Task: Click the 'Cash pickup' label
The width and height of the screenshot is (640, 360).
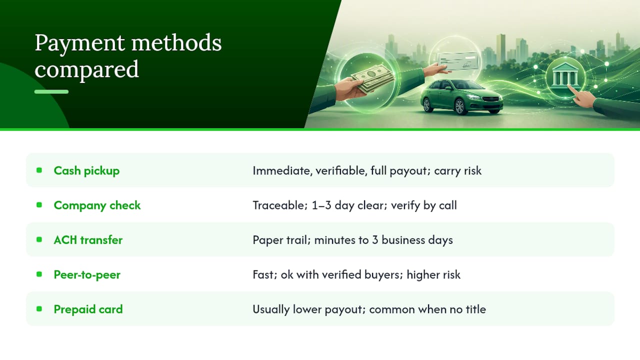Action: [x=86, y=171]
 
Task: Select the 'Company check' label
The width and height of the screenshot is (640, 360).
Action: [x=97, y=205]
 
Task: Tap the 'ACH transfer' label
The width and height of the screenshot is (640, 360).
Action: [x=88, y=240]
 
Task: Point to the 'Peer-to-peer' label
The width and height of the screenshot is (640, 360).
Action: [x=87, y=275]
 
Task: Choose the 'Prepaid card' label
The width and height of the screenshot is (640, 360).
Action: [x=88, y=309]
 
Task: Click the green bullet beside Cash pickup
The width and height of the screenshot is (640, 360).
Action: [x=39, y=170]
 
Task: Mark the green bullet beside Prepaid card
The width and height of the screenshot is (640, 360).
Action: [x=39, y=309]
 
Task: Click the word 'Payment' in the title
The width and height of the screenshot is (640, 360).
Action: [x=80, y=43]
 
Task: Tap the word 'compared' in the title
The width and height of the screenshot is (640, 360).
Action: [x=87, y=69]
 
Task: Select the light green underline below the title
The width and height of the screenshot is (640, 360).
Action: [x=51, y=91]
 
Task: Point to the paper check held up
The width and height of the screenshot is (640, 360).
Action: [x=457, y=61]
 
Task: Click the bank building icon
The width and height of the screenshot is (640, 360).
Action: [x=565, y=74]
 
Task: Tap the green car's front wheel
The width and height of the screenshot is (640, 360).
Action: [x=459, y=107]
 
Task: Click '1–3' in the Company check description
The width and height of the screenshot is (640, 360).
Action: [x=321, y=205]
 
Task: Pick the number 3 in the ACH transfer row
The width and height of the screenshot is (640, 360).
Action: [x=375, y=240]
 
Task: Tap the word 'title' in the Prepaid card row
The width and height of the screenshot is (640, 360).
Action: [x=475, y=309]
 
